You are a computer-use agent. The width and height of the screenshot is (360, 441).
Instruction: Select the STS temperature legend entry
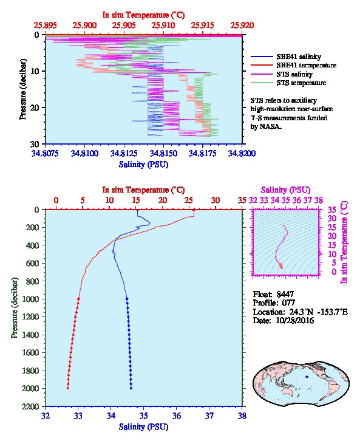click(288, 83)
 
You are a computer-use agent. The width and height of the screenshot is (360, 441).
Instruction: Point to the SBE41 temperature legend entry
click(293, 65)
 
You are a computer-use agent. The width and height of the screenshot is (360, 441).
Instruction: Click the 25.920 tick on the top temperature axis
click(242, 26)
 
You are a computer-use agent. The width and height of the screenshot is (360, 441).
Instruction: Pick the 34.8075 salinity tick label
click(45, 153)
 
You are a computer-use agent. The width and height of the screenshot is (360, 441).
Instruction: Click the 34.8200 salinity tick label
click(242, 153)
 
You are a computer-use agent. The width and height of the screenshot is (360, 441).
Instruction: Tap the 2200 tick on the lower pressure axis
click(31, 406)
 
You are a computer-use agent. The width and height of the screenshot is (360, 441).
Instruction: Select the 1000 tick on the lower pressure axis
click(31, 299)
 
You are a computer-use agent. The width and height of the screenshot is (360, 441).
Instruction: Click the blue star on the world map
click(307, 377)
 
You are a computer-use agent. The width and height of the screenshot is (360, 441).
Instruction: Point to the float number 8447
click(285, 294)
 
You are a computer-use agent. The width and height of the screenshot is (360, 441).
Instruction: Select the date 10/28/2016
click(295, 320)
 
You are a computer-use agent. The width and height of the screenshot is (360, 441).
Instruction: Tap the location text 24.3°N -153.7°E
click(319, 312)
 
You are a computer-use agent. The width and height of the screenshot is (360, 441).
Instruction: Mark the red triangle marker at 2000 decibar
click(68, 388)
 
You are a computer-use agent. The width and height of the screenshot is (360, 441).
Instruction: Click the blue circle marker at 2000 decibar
click(131, 388)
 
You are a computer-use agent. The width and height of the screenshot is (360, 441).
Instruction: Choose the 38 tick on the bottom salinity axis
click(242, 415)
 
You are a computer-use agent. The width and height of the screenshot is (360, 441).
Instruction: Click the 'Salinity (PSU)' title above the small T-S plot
click(285, 190)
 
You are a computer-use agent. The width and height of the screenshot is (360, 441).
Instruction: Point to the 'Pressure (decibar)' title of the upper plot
click(22, 89)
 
